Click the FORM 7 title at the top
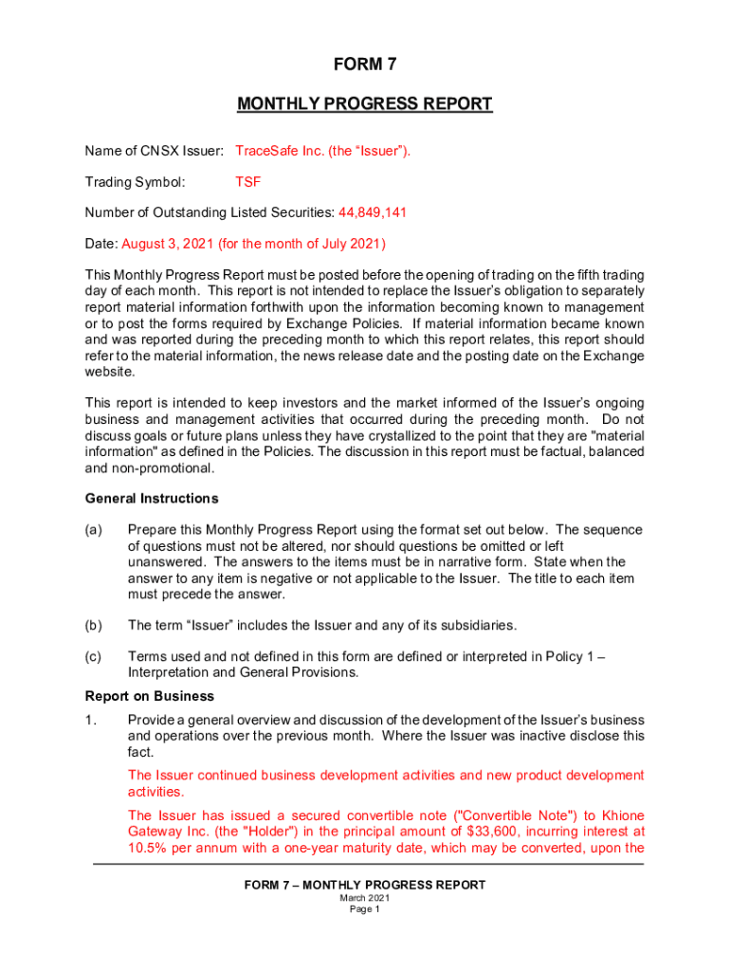pos(364,64)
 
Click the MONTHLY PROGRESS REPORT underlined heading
pos(364,103)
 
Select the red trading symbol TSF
pos(247,181)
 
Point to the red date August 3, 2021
pos(168,244)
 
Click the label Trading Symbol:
pos(135,181)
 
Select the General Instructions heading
pos(152,498)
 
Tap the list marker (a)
pos(93,529)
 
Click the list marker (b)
pos(93,625)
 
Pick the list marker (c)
pos(93,656)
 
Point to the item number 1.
pos(90,720)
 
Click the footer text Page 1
pos(364,909)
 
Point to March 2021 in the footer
pos(364,898)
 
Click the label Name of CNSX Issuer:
pos(155,150)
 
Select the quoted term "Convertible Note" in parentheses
pos(486,815)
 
